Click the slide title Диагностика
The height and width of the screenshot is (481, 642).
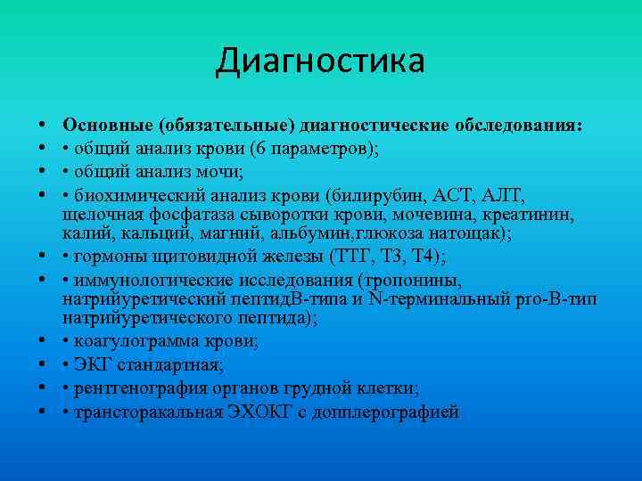pyautogui.click(x=320, y=61)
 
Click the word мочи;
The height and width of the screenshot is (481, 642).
pyautogui.click(x=218, y=170)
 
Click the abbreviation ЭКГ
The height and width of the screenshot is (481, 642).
pyautogui.click(x=95, y=364)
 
